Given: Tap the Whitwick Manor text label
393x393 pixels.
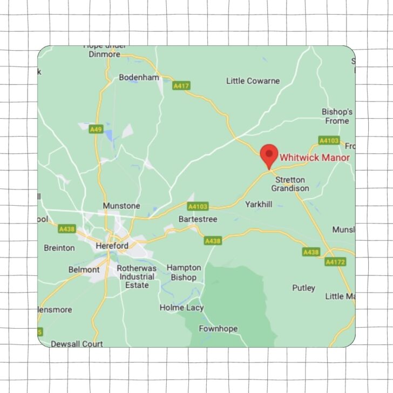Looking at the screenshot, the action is (x=314, y=158).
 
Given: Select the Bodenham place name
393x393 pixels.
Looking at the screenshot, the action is (x=139, y=77).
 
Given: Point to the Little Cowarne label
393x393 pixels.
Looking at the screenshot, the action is (x=253, y=81).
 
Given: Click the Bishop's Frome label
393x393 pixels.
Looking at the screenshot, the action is (x=337, y=116).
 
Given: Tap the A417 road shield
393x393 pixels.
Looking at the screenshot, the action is (x=181, y=85).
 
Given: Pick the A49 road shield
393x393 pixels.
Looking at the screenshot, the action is (x=96, y=129).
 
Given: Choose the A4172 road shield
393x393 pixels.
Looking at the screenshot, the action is (x=335, y=262).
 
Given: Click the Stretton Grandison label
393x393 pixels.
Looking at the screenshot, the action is (x=290, y=184).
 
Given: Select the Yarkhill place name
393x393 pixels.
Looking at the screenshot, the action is (x=259, y=205).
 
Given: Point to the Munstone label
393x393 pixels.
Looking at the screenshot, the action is (x=121, y=206).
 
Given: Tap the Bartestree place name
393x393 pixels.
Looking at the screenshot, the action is (x=198, y=219).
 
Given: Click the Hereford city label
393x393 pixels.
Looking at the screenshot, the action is (x=112, y=246).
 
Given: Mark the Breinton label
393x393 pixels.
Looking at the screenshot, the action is (x=59, y=248).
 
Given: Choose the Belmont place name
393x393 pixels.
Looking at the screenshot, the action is (x=84, y=269).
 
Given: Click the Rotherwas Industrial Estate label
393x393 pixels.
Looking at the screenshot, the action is (x=137, y=276).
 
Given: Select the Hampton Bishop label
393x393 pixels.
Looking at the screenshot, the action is (x=184, y=272).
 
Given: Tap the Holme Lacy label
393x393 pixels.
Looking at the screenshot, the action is (x=181, y=308).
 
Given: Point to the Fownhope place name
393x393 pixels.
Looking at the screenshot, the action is (x=218, y=329).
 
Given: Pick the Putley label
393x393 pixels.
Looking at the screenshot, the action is (x=303, y=288).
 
